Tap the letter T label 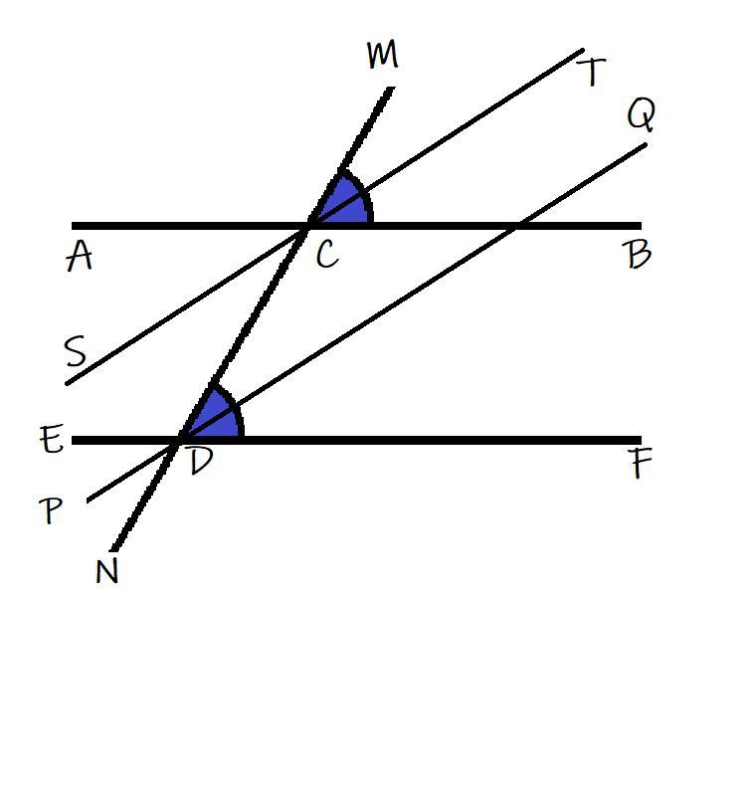click(591, 72)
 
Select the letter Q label click(642, 116)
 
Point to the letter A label click(79, 258)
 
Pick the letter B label click(639, 256)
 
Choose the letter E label click(53, 439)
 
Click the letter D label click(201, 462)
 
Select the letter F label click(642, 466)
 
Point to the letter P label click(51, 511)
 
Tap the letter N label click(106, 573)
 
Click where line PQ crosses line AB click(514, 225)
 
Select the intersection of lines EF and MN click(181, 438)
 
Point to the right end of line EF click(640, 439)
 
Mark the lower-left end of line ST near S click(68, 382)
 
